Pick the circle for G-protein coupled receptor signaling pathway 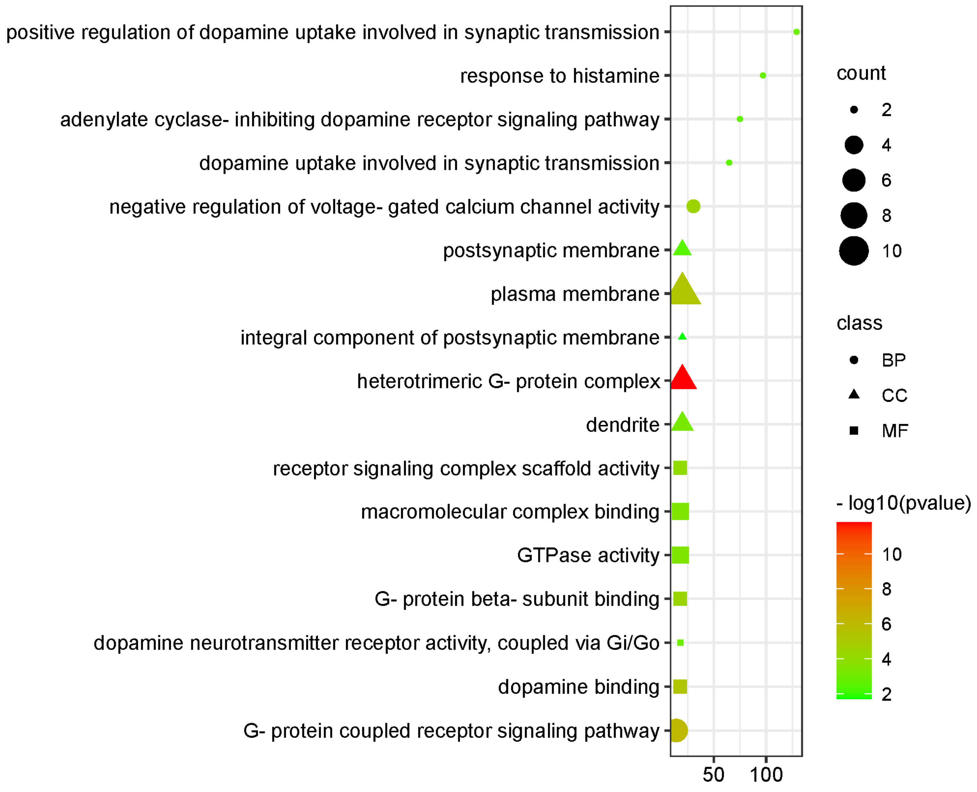coord(677,730)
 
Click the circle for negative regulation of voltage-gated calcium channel coord(693,207)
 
